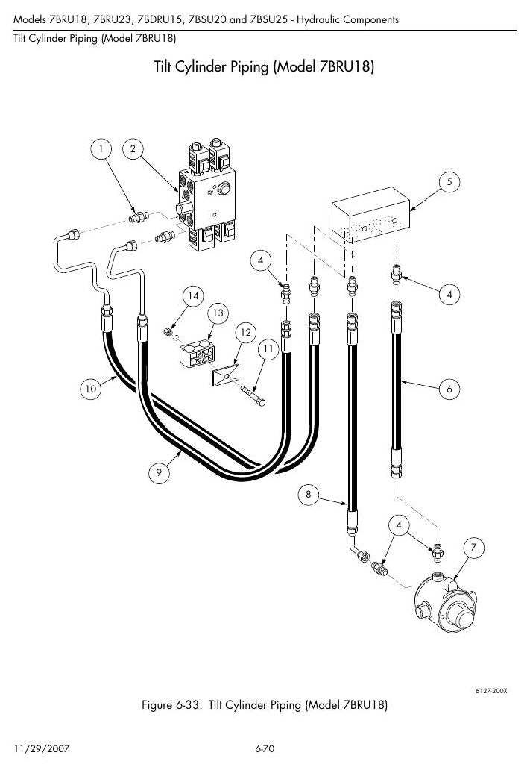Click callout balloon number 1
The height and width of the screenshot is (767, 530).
(101, 148)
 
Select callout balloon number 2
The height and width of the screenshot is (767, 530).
(133, 148)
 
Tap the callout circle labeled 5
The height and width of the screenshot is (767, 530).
(449, 182)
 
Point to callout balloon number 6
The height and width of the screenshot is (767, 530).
(449, 389)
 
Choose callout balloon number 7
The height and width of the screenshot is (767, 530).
(473, 548)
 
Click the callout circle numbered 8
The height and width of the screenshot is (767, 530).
(308, 494)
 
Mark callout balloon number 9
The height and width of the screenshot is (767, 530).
(159, 472)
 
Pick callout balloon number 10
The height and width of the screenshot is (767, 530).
(90, 389)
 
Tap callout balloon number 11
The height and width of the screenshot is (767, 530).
(268, 348)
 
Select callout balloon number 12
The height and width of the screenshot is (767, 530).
(245, 333)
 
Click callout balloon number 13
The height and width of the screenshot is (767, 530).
(218, 313)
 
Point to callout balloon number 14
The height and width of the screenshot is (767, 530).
(193, 296)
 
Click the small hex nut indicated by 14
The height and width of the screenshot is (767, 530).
(167, 332)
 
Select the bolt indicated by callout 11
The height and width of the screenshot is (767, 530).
(253, 395)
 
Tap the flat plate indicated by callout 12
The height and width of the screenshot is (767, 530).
(226, 375)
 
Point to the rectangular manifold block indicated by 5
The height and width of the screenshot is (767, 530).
(371, 214)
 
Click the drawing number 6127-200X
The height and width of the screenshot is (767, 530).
(491, 691)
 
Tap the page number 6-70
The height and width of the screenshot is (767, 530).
(265, 748)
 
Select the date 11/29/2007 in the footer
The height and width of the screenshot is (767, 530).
(42, 748)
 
